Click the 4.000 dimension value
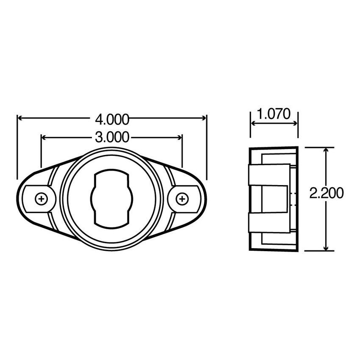click(x=112, y=120)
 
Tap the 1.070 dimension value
click(x=274, y=114)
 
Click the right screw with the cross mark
click(x=182, y=198)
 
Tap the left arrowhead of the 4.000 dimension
click(x=20, y=117)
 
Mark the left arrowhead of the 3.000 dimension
click(x=44, y=137)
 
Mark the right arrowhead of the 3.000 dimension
click(x=180, y=137)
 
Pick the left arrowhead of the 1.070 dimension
click(x=253, y=124)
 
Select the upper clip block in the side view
click(x=269, y=174)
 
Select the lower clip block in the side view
click(x=269, y=223)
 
